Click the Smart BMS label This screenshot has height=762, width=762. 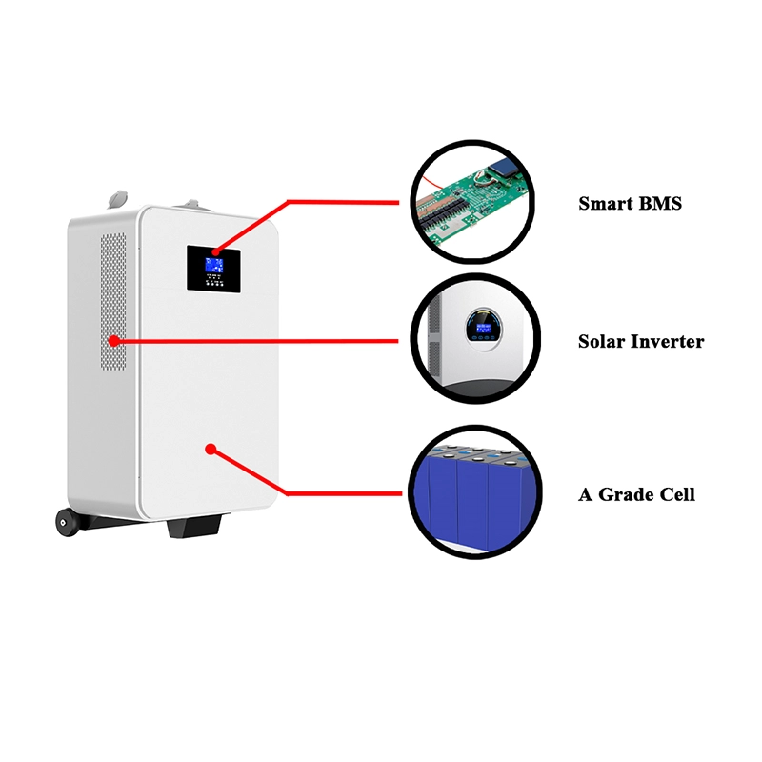(630, 203)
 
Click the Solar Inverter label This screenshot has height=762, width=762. (640, 341)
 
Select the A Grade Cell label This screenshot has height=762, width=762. (636, 494)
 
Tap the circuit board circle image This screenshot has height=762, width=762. (472, 202)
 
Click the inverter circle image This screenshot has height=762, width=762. (472, 340)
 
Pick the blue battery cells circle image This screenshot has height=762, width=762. (472, 492)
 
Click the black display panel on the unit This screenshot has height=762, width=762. (214, 268)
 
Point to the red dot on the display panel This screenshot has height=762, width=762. (215, 251)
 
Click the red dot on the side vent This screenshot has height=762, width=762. (113, 339)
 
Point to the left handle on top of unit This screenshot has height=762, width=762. (117, 197)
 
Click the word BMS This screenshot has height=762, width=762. (659, 203)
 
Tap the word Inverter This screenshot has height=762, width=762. (667, 341)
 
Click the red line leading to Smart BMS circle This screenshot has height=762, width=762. (343, 202)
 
